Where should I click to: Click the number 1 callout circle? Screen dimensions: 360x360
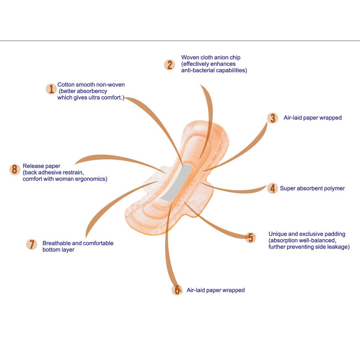tap(51, 89)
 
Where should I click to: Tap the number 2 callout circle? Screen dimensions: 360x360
tap(169, 65)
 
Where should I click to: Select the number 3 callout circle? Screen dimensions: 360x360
tap(273, 118)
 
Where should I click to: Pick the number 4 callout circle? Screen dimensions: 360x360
tap(273, 188)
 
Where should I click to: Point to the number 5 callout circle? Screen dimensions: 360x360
tap(251, 238)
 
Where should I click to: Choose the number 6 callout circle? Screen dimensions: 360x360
tap(177, 290)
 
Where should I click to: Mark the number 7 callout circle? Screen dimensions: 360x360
tap(32, 244)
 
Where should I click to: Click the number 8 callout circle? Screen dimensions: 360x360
tap(14, 170)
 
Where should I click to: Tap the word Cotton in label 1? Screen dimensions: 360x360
tap(66, 85)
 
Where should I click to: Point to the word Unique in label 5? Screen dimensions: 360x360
tap(277, 234)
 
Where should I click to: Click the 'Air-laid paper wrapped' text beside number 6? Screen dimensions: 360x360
tap(216, 290)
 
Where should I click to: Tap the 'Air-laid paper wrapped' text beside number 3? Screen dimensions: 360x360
tap(312, 118)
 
